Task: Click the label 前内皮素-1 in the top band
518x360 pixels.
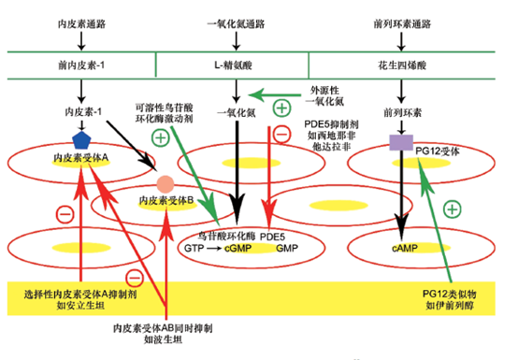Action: [x=79, y=66]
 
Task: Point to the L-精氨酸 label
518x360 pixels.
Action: [x=236, y=66]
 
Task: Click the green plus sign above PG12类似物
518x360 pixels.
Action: [x=453, y=209]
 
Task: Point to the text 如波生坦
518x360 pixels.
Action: [x=162, y=342]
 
